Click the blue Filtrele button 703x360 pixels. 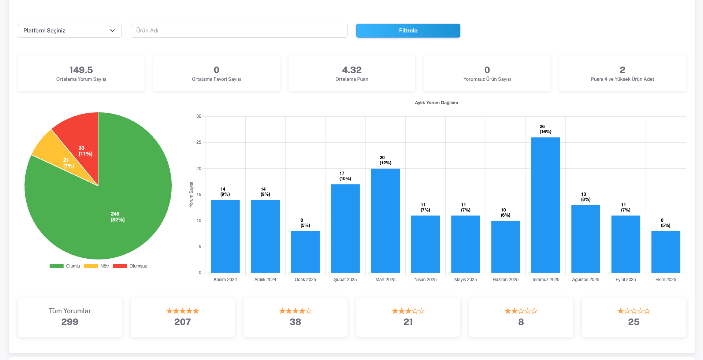point(408,30)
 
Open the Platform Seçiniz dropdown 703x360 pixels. point(69,30)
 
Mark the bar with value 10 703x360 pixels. point(505,246)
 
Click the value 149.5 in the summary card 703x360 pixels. point(81,70)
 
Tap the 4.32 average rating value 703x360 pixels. point(352,70)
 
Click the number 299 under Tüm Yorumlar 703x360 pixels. point(70,322)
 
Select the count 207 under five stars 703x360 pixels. point(183,322)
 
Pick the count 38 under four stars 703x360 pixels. point(296,322)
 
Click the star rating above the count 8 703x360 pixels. point(521,311)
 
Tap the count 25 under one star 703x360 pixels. point(634,322)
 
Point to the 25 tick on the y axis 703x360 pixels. point(200,142)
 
